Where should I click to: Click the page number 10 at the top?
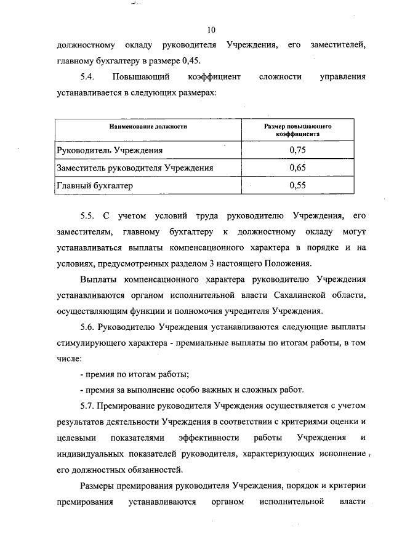pyautogui.click(x=211, y=30)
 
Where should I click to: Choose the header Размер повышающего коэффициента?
pyautogui.click(x=297, y=129)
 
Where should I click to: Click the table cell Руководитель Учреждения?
pyautogui.click(x=111, y=150)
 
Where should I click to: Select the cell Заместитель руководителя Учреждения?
pyautogui.click(x=135, y=167)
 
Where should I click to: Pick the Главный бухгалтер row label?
pyautogui.click(x=94, y=185)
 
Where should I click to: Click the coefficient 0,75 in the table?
pyautogui.click(x=297, y=150)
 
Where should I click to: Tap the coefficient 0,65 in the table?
pyautogui.click(x=297, y=167)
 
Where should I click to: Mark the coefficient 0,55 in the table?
pyautogui.click(x=297, y=185)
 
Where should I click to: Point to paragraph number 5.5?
pyautogui.click(x=86, y=216)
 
